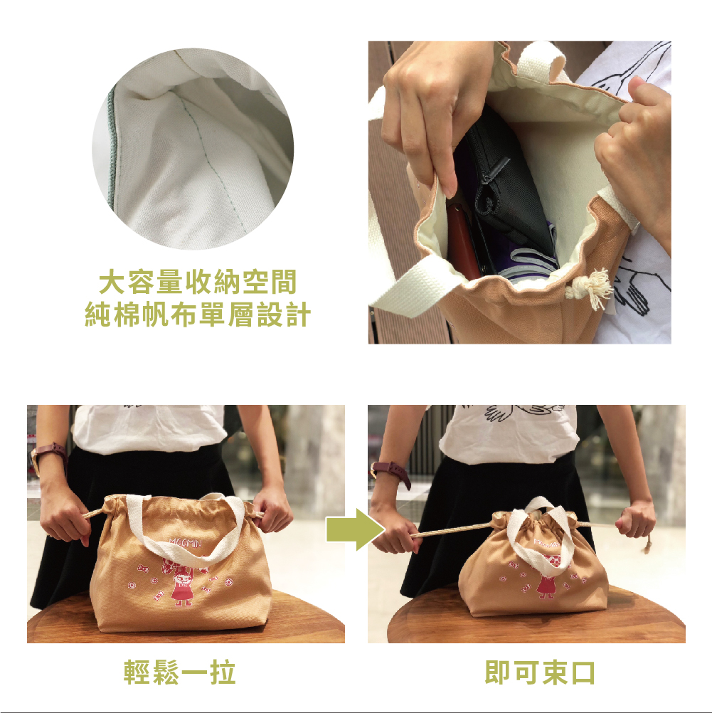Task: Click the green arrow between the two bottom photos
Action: click(x=356, y=529)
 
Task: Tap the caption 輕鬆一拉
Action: click(x=179, y=672)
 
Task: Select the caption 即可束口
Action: click(x=540, y=672)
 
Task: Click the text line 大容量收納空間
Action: click(x=198, y=282)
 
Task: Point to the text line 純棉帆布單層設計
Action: click(x=198, y=315)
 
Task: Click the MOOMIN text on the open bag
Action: click(x=185, y=542)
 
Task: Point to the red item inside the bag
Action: click(x=462, y=241)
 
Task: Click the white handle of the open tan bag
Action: click(x=186, y=527)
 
